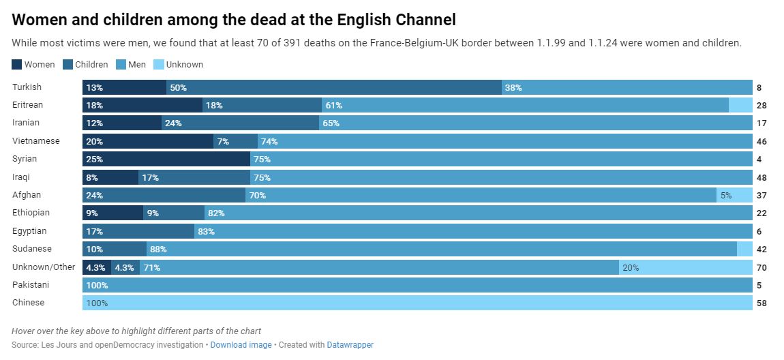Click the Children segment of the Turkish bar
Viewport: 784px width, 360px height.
click(x=334, y=87)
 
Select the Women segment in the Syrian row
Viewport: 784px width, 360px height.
click(x=166, y=159)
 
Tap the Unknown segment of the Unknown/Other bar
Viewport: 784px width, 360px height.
click(x=685, y=267)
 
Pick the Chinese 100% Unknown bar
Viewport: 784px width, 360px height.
click(x=417, y=302)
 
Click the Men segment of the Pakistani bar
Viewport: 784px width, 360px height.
click(x=417, y=284)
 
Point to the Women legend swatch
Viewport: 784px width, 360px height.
click(x=17, y=65)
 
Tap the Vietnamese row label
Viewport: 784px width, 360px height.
click(x=36, y=141)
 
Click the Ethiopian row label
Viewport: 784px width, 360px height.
click(x=31, y=213)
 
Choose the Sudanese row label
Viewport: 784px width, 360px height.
click(x=32, y=249)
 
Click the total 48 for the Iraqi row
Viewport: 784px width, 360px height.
click(x=762, y=177)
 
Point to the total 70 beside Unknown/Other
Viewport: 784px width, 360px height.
click(x=762, y=267)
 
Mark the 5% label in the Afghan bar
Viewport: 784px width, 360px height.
click(x=726, y=195)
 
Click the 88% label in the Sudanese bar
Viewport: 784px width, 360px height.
click(x=158, y=249)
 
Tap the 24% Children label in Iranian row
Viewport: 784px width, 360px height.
click(x=173, y=123)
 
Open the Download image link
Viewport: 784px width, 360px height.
click(x=241, y=345)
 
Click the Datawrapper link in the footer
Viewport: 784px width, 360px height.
click(x=350, y=345)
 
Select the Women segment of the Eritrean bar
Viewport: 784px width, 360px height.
click(x=142, y=105)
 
